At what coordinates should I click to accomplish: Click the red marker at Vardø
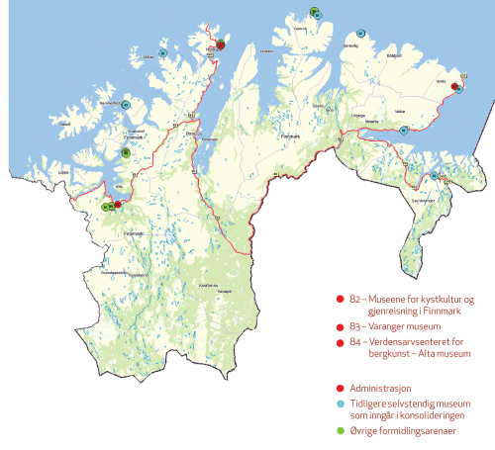[454, 87]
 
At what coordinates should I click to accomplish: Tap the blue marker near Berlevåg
[361, 34]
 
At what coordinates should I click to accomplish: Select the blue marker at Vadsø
[404, 130]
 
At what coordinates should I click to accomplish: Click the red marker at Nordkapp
[221, 45]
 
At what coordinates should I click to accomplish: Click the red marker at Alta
[118, 204]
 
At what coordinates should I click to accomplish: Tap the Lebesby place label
[264, 50]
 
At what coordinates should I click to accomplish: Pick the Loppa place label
[65, 172]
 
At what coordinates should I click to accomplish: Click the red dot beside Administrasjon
[340, 389]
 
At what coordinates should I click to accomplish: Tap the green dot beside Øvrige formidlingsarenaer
[340, 430]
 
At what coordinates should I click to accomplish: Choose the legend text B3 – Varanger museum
[393, 324]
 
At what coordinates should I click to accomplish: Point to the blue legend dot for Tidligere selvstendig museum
[340, 404]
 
